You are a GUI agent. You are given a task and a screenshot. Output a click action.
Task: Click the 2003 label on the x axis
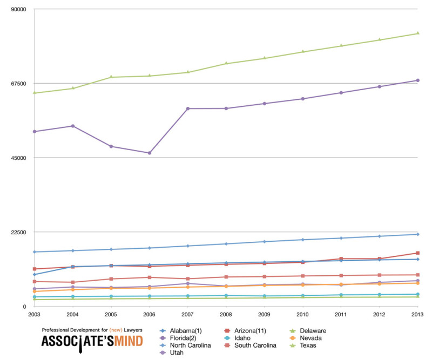(33, 314)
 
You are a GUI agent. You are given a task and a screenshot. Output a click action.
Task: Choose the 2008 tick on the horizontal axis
(226, 314)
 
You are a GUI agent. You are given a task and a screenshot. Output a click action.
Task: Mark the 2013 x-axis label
(417, 314)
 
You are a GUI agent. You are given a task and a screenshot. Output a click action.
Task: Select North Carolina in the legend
(190, 345)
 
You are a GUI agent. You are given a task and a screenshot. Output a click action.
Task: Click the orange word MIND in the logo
(124, 341)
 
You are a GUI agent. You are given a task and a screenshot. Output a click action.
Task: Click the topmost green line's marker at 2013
(417, 33)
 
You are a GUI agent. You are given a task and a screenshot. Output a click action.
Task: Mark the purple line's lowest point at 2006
(149, 153)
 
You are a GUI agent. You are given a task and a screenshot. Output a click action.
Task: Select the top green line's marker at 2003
(34, 93)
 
